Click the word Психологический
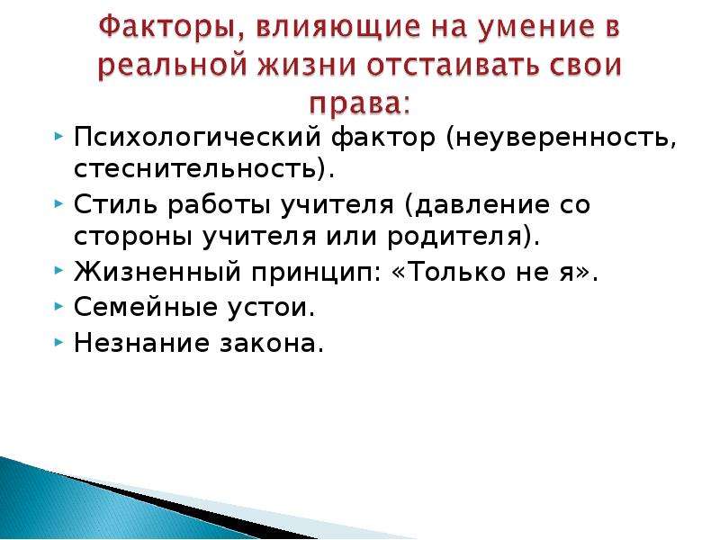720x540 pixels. [197, 137]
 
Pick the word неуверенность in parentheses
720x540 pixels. [561, 137]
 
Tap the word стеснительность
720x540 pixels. [196, 169]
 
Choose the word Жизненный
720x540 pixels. [157, 272]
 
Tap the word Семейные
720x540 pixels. [146, 306]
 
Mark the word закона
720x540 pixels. [268, 343]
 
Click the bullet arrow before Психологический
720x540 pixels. [58, 137]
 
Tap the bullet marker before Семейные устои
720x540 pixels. [58, 306]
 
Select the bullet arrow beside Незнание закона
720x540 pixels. [58, 342]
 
